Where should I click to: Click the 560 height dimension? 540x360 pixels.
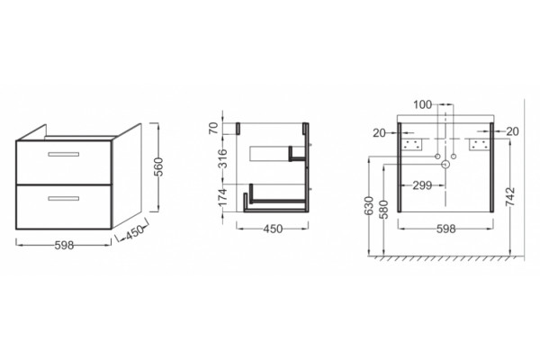coord(159,167)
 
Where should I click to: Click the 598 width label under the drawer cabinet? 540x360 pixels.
coord(65,245)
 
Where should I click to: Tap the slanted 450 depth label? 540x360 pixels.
coord(134,232)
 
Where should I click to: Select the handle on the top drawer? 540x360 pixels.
coord(63,154)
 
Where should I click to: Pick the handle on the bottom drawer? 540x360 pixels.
coord(63,198)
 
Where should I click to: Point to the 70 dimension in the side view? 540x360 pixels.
coord(214,128)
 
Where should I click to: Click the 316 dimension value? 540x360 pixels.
coord(223,158)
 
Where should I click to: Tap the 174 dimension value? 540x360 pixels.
coord(223,198)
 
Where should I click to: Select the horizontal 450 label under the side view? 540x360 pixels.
coord(273,229)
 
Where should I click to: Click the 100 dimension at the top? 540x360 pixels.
coord(423,104)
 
